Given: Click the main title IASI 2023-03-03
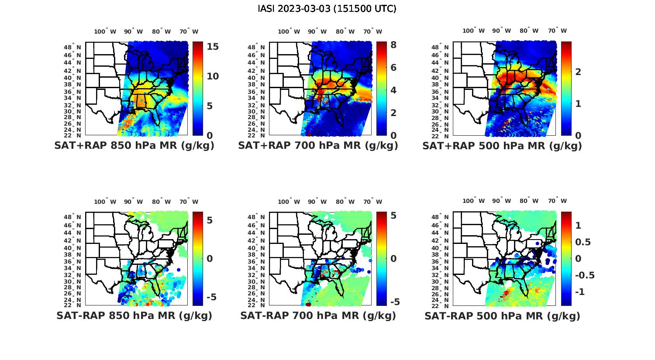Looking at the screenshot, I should (327, 8).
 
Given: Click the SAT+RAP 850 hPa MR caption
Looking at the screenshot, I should (134, 146).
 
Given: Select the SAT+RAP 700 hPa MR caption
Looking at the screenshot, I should (318, 146).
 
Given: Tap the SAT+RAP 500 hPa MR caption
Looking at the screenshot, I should (502, 146).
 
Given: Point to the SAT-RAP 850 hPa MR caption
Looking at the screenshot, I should (134, 315).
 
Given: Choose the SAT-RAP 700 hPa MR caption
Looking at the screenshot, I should (318, 315).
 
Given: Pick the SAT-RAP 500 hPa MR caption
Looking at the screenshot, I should (502, 315).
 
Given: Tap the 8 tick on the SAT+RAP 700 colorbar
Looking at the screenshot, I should (393, 45).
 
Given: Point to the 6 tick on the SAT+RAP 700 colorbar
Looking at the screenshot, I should (393, 68).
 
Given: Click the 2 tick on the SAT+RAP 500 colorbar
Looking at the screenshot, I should (578, 72).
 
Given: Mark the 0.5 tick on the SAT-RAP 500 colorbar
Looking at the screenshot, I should (583, 242).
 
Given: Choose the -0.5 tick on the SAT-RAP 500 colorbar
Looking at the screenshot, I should (585, 275).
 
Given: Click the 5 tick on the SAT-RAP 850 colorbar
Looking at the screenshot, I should (210, 220).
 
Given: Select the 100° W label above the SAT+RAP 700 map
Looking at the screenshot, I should (289, 31).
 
